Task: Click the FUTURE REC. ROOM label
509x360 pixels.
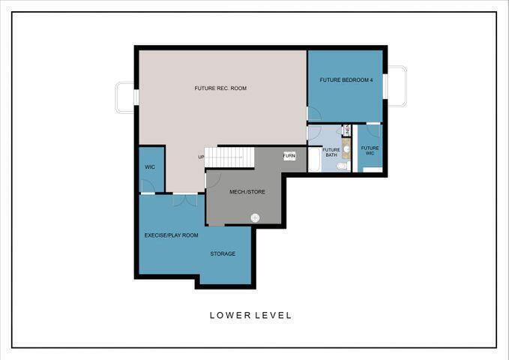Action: [x=220, y=88]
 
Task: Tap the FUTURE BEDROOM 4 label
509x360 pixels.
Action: [x=346, y=79]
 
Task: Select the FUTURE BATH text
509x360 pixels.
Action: [x=331, y=152]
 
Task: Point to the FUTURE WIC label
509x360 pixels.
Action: [x=370, y=150]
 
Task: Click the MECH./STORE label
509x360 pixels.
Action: [x=247, y=192]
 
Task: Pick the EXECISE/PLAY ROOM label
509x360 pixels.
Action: [x=171, y=235]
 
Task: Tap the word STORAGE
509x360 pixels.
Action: [x=223, y=253]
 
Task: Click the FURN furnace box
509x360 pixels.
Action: [x=289, y=156]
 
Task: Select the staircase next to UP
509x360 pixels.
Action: [x=230, y=157]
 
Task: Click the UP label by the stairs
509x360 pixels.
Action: [x=201, y=157]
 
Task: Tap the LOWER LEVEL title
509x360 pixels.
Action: [x=250, y=315]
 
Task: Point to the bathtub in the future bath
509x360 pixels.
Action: [x=314, y=159]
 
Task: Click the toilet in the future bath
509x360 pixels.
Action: [x=341, y=166]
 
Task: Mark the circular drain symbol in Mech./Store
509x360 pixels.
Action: [x=255, y=217]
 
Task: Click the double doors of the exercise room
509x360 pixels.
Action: [x=184, y=200]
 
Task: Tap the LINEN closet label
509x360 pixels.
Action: [x=347, y=130]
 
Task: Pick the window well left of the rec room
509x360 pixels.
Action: [x=124, y=97]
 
